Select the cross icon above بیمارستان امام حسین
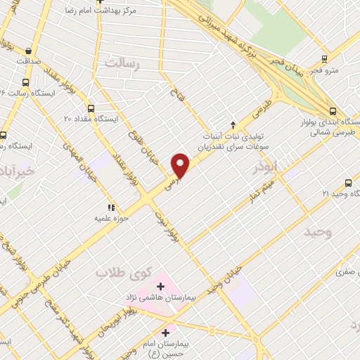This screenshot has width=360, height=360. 166,332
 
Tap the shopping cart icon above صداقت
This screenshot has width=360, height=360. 28,51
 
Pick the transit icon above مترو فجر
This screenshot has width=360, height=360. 324,58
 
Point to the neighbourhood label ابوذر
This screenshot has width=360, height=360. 266,169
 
